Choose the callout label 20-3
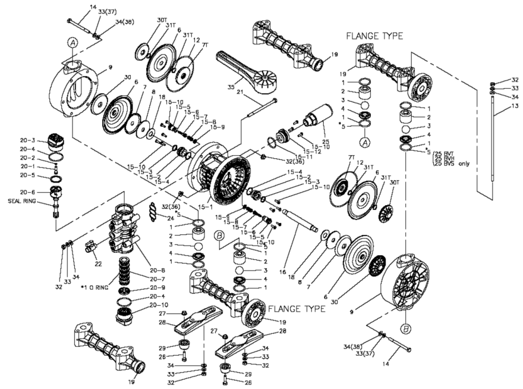pyautogui.click(x=26, y=140)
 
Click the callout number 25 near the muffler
pyautogui.click(x=325, y=127)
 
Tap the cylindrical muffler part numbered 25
pyautogui.click(x=319, y=117)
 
